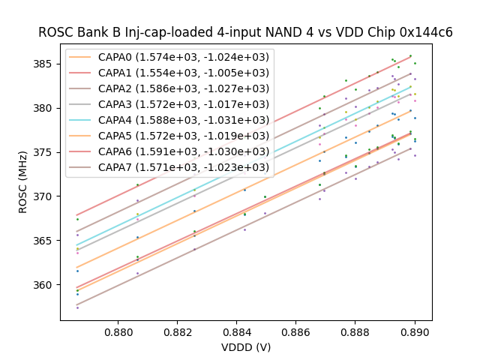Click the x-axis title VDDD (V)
click(x=246, y=347)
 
